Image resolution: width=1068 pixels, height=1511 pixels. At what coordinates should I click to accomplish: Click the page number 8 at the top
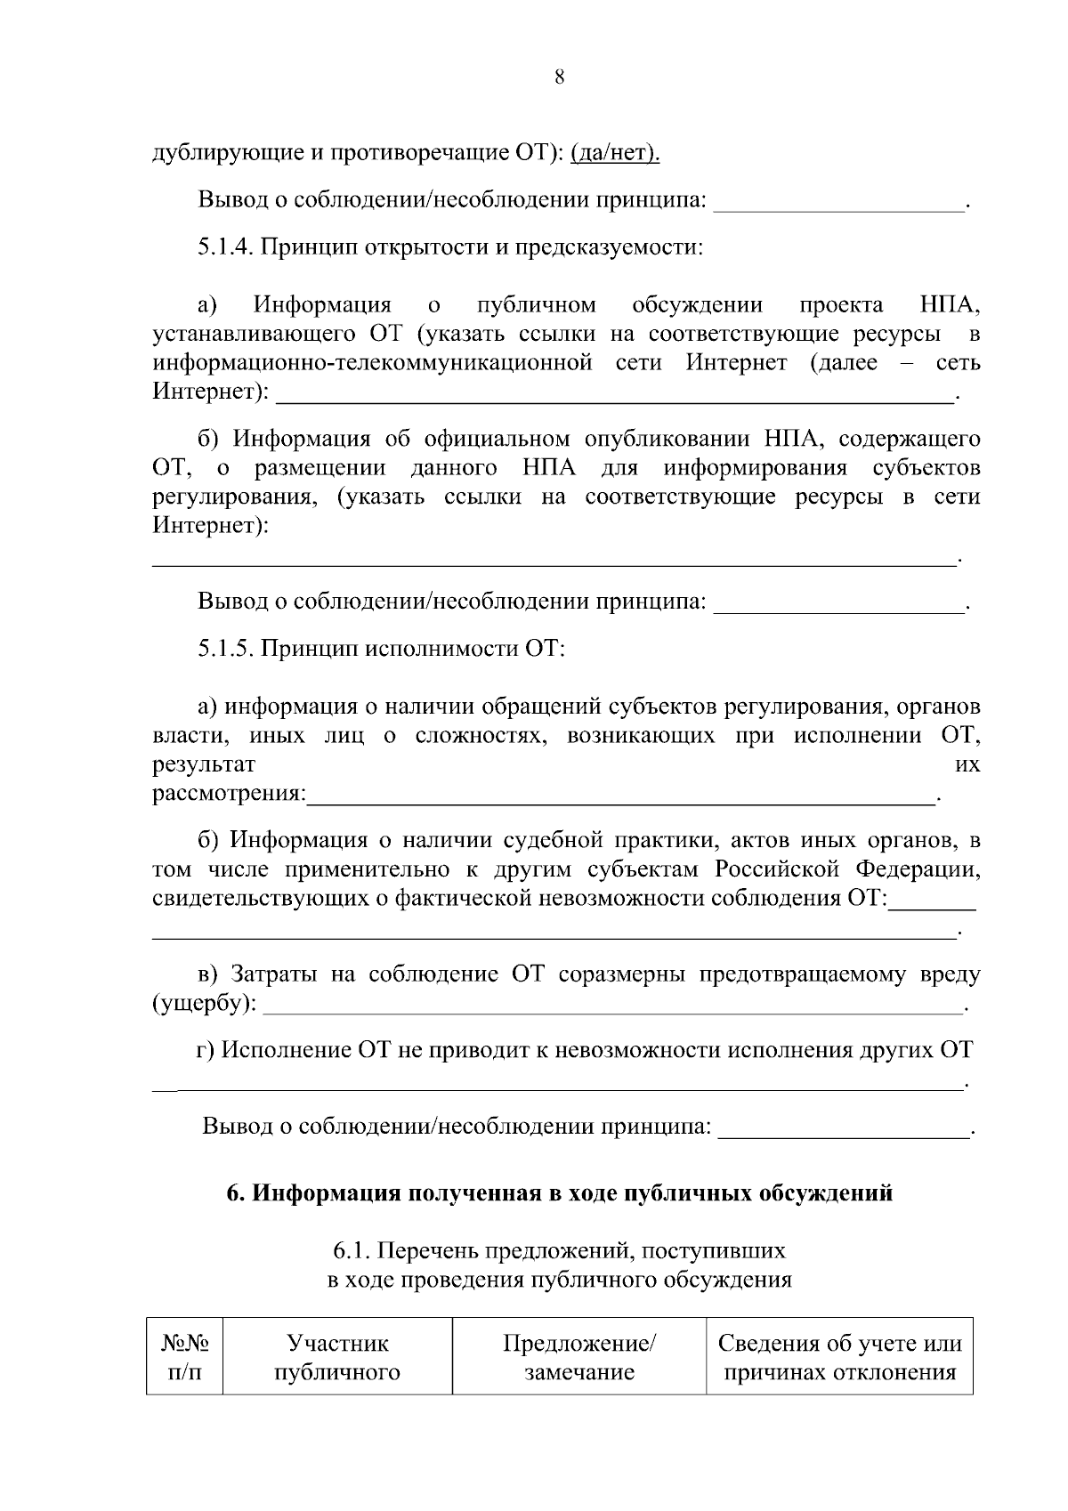[x=559, y=77]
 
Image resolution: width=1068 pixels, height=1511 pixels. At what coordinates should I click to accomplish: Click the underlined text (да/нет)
[x=615, y=154]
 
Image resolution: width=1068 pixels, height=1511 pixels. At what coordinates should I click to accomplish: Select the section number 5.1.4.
[x=226, y=246]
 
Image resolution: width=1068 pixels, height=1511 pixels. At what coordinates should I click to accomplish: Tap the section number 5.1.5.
[x=226, y=649]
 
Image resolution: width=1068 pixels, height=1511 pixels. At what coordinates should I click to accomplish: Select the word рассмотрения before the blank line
[x=228, y=794]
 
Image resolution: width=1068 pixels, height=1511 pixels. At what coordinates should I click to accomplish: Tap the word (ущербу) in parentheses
[x=204, y=1004]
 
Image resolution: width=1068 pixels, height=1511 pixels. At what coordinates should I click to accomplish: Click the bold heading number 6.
[x=235, y=1193]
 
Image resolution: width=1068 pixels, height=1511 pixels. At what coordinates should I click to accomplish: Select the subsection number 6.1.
[x=351, y=1251]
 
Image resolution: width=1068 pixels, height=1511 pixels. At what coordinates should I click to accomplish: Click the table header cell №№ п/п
[x=185, y=1357]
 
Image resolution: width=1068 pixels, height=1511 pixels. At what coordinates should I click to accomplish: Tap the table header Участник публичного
[x=337, y=1357]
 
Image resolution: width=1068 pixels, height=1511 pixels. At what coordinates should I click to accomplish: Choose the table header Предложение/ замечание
[x=579, y=1357]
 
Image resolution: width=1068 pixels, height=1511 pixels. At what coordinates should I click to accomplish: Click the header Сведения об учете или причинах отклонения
[x=839, y=1357]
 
